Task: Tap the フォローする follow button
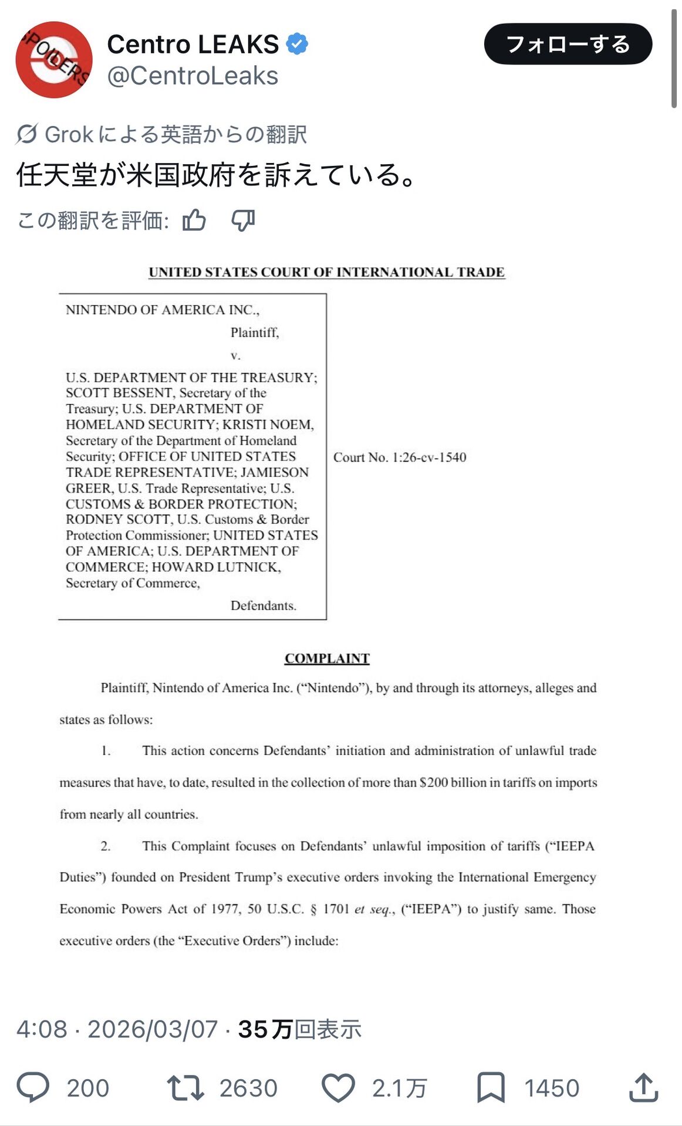click(x=568, y=44)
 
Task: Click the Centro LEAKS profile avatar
click(x=53, y=59)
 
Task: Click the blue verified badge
click(x=297, y=44)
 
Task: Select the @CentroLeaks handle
click(x=193, y=76)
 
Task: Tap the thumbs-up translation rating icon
click(x=194, y=221)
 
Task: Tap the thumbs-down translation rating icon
click(x=243, y=221)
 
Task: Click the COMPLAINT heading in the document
click(x=327, y=658)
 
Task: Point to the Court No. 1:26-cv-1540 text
click(x=400, y=457)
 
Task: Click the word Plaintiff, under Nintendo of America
click(x=254, y=333)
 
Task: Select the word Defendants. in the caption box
click(x=263, y=605)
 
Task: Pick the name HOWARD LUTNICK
click(x=216, y=567)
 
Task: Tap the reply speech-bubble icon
click(x=33, y=1087)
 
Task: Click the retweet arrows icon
click(x=185, y=1087)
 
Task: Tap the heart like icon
click(x=339, y=1087)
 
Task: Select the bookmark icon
click(x=491, y=1087)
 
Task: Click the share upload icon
click(x=643, y=1087)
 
